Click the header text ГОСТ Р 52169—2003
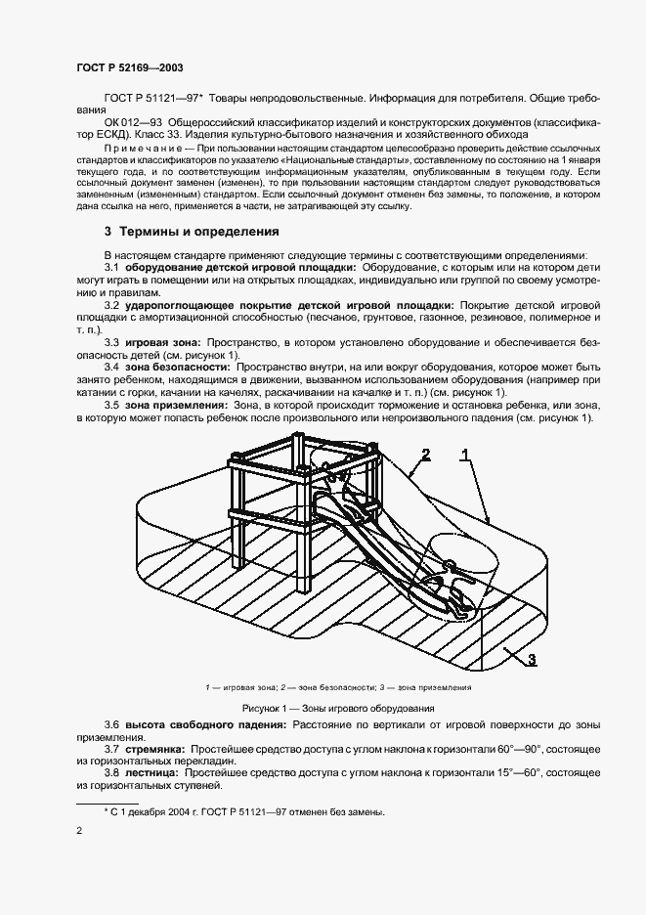(129, 67)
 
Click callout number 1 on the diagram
(466, 454)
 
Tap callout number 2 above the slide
(425, 454)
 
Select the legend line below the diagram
(338, 687)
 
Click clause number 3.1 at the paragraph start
(111, 267)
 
